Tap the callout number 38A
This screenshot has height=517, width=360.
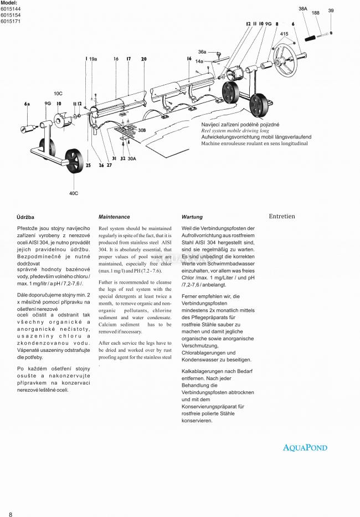pyautogui.click(x=303, y=9)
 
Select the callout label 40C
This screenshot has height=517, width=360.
pyautogui.click(x=74, y=193)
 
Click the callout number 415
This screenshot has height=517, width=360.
pyautogui.click(x=284, y=34)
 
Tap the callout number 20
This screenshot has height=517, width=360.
pyautogui.click(x=143, y=59)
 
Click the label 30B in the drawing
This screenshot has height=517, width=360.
pyautogui.click(x=141, y=130)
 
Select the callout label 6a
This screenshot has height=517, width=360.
pyautogui.click(x=27, y=104)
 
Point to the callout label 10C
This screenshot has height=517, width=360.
pyautogui.click(x=58, y=93)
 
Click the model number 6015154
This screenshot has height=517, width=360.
pyautogui.click(x=11, y=16)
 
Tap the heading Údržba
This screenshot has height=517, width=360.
pyautogui.click(x=25, y=217)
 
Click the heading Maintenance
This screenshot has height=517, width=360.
pyautogui.click(x=114, y=217)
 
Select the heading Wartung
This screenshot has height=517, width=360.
pyautogui.click(x=192, y=217)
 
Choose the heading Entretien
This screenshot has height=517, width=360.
pyautogui.click(x=282, y=217)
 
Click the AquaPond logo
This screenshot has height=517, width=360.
pyautogui.click(x=305, y=448)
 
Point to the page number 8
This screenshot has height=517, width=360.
pyautogui.click(x=11, y=507)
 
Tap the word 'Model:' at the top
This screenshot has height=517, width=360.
pyautogui.click(x=9, y=3)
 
